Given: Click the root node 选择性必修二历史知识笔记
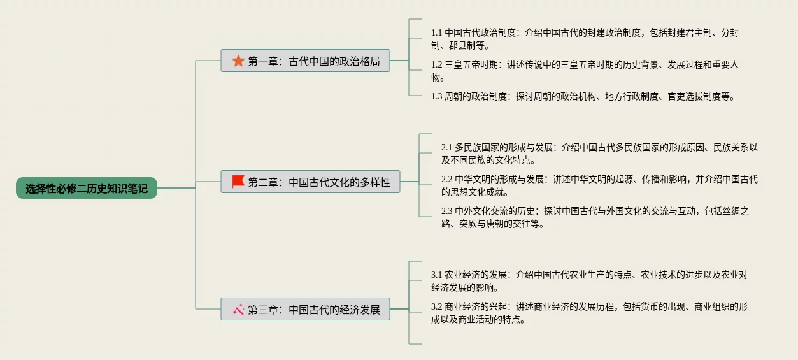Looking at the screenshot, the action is click(87, 188).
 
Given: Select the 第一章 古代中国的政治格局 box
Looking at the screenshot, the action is click(305, 61).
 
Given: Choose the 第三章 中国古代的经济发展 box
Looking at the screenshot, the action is click(305, 310).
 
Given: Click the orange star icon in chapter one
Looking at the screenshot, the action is click(238, 61).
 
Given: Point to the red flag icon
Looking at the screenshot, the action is click(238, 182).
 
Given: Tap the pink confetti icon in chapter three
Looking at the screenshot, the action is click(239, 310).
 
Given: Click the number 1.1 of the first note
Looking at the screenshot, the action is click(436, 32).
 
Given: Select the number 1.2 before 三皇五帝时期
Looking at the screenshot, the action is click(436, 64).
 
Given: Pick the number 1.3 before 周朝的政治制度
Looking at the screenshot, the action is click(436, 97).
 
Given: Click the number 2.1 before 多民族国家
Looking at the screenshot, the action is click(446, 147).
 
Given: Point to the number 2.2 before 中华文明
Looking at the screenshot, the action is click(446, 179).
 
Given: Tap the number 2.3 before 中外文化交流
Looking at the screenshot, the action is click(446, 211).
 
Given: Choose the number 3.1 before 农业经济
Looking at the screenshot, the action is click(436, 275).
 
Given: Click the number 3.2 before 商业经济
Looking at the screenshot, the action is click(436, 306).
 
